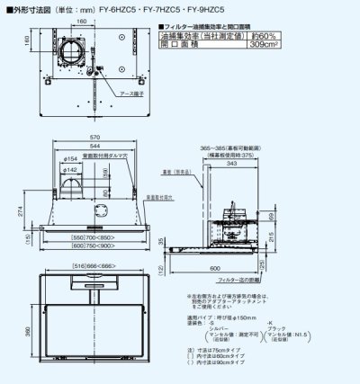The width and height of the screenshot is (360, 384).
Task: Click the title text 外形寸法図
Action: (x=28, y=9)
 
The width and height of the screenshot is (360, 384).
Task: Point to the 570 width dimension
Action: (x=93, y=138)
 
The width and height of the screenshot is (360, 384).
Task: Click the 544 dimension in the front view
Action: (x=93, y=146)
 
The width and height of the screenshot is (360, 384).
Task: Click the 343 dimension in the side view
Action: (x=233, y=164)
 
